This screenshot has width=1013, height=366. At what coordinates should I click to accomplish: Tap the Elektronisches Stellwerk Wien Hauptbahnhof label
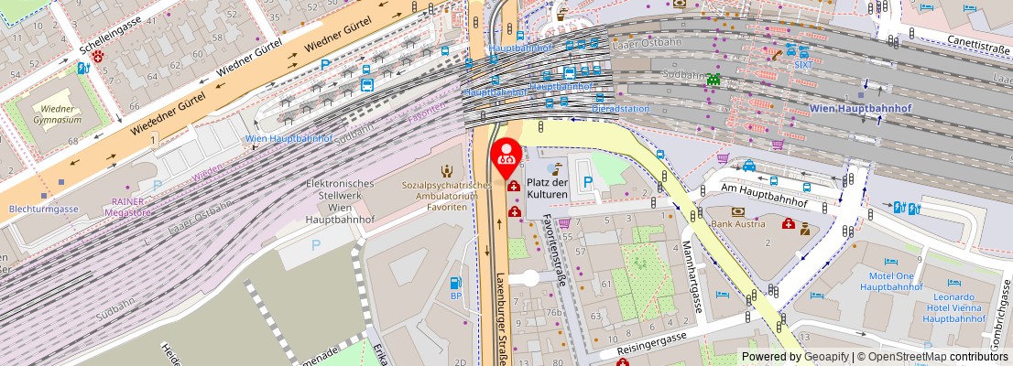click(339, 201)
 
